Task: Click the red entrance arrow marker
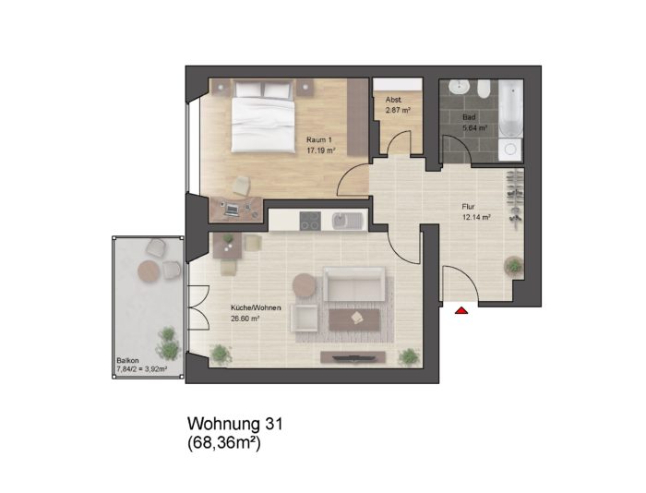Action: tap(461, 310)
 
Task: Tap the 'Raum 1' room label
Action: tap(319, 139)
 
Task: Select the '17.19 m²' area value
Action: tap(320, 150)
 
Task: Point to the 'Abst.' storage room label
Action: tap(393, 100)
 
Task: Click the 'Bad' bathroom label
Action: tap(469, 117)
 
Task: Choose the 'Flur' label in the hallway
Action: tap(468, 207)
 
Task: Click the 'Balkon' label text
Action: tap(125, 359)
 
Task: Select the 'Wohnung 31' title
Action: tap(235, 424)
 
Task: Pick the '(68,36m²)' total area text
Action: tap(224, 443)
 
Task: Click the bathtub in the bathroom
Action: tap(511, 108)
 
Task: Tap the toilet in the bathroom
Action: tap(484, 89)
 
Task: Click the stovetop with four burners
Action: tap(310, 221)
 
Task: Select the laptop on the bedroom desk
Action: tap(232, 210)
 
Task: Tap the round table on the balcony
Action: tap(149, 271)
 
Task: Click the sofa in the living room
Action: tap(353, 284)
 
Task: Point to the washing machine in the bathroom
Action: tap(510, 150)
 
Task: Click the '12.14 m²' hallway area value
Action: tap(476, 217)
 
